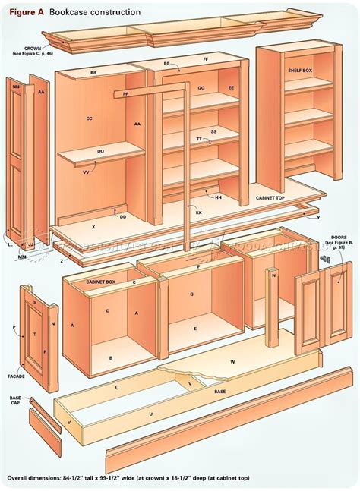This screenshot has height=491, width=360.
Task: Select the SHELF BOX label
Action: (298, 70)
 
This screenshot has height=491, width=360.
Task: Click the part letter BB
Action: (94, 73)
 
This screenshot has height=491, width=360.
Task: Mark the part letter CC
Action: (89, 118)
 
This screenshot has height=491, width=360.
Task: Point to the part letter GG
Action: (201, 89)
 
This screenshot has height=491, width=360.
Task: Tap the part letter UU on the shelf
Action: (100, 151)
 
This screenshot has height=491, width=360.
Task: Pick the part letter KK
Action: (199, 213)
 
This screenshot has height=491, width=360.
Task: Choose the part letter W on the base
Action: (233, 362)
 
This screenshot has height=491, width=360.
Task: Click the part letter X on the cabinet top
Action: (93, 227)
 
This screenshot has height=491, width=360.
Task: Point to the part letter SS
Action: (213, 131)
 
